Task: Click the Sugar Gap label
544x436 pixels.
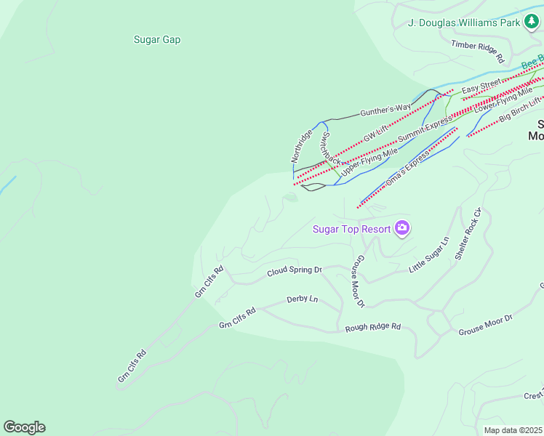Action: tap(157, 40)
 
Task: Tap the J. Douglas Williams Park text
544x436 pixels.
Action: tap(463, 23)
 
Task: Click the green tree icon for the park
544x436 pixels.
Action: tap(532, 23)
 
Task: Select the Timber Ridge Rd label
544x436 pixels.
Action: tap(478, 46)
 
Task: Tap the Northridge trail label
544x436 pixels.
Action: tap(302, 145)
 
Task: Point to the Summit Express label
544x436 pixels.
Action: tap(425, 129)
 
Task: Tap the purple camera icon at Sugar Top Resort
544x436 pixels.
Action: tap(402, 229)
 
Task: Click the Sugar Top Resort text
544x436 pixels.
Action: tap(351, 230)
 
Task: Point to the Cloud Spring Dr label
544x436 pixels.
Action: tap(295, 270)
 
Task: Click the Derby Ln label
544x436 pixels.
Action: tap(303, 299)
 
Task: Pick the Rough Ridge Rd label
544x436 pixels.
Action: tap(373, 327)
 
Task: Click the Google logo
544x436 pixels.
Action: tap(24, 427)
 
